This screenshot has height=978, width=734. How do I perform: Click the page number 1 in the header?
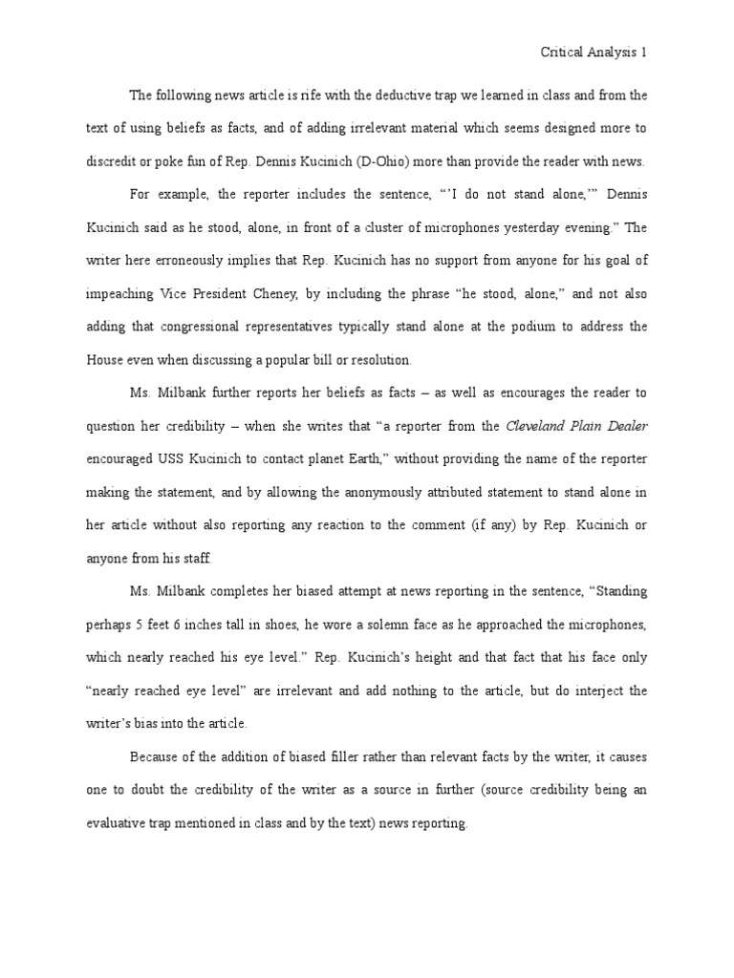[x=645, y=53]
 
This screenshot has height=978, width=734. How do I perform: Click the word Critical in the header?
[x=564, y=53]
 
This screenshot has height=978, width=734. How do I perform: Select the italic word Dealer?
[x=624, y=425]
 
